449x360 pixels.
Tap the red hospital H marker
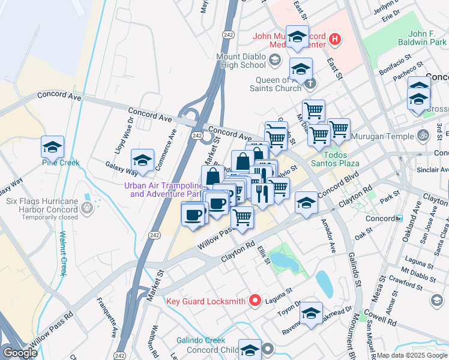[x=335, y=41]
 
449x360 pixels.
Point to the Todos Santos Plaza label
[x=334, y=163]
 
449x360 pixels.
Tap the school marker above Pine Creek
[x=52, y=146]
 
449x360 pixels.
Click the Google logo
[x=20, y=352]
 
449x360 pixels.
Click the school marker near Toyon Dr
[x=311, y=313]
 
